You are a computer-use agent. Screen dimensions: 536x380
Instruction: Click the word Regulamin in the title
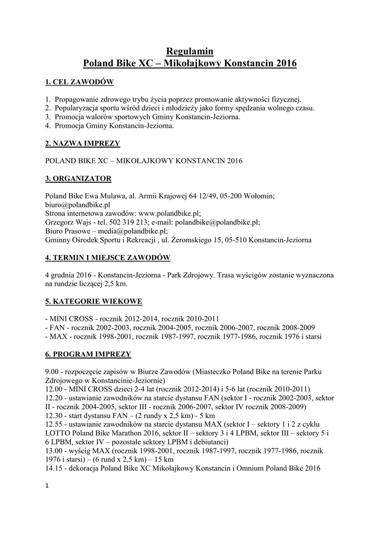(190, 51)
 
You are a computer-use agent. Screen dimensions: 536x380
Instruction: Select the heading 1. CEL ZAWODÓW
(79, 82)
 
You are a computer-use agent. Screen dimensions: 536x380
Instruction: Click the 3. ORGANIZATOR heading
(78, 178)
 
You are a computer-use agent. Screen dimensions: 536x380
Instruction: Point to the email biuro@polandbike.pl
(78, 205)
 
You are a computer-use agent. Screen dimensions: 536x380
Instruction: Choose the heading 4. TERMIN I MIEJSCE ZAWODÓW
(107, 258)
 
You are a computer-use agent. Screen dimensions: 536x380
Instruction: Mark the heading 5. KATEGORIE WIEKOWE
(93, 301)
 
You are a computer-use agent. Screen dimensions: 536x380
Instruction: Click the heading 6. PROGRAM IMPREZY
(88, 354)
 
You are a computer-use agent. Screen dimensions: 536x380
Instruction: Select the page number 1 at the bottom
(48, 487)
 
